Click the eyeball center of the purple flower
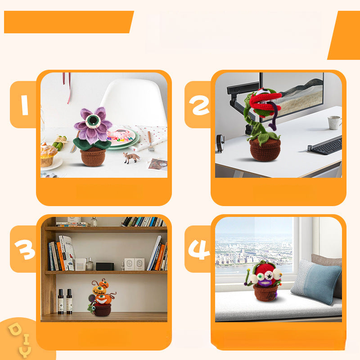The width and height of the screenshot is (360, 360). pyautogui.click(x=93, y=120)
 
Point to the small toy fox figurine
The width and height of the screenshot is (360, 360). pyautogui.click(x=131, y=157)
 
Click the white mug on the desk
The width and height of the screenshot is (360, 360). pyautogui.click(x=334, y=122)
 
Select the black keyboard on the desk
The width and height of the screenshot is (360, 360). pyautogui.click(x=325, y=145)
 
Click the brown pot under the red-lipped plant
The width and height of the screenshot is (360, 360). pyautogui.click(x=265, y=150)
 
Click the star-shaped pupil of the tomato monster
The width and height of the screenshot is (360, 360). pyautogui.click(x=269, y=277)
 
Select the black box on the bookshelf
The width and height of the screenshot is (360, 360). pyautogui.click(x=105, y=266)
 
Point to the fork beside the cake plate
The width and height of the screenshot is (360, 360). pyautogui.click(x=150, y=142)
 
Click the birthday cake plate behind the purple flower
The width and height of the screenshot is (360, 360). pyautogui.click(x=122, y=138)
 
